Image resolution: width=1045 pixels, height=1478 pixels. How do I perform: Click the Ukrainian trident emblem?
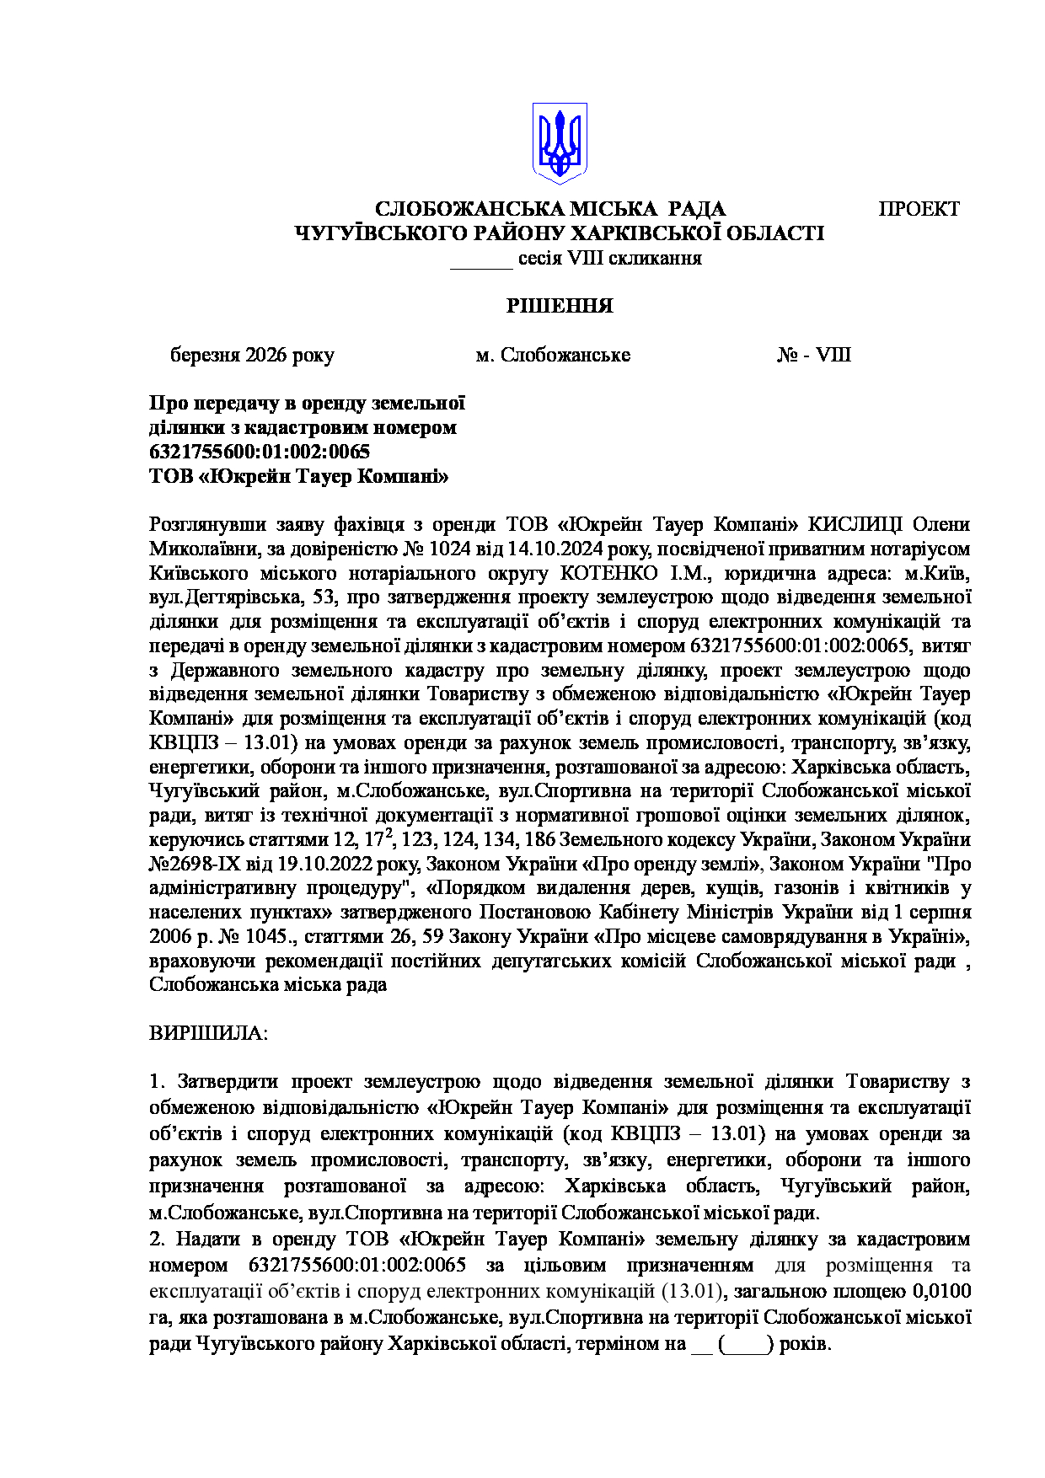click(560, 143)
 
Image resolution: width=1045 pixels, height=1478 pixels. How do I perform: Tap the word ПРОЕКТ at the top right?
click(919, 209)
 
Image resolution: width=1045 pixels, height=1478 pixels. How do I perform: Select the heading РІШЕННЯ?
click(560, 306)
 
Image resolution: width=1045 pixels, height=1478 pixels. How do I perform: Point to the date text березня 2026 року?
click(252, 355)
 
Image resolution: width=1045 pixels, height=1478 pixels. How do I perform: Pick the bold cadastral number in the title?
click(260, 452)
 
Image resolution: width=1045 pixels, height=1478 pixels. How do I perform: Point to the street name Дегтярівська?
click(238, 597)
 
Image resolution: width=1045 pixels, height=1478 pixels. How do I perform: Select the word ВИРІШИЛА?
click(207, 1033)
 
